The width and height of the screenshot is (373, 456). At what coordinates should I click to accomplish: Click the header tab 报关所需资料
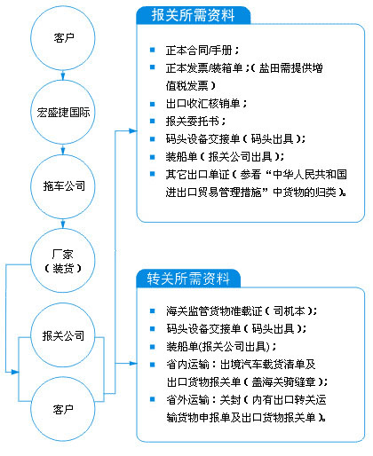[x=193, y=15]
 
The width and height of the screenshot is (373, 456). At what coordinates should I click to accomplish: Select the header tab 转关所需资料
[x=188, y=279]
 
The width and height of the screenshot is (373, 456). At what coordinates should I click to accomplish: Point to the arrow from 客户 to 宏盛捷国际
[x=63, y=75]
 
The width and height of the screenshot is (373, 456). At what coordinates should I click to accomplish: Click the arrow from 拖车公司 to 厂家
[x=63, y=224]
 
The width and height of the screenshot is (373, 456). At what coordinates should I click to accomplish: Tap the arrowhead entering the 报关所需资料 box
[x=133, y=130]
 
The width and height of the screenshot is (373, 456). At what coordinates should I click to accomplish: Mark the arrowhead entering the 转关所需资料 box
[x=133, y=363]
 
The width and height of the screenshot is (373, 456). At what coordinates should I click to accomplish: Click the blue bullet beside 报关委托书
[x=153, y=121]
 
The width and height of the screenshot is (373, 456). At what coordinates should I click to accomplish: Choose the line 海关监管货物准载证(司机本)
[x=242, y=311]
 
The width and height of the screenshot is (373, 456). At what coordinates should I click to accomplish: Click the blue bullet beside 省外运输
[x=153, y=399]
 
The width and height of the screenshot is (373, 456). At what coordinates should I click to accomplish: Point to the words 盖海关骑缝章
[x=283, y=381]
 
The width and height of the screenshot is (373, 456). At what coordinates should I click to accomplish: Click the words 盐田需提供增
[x=290, y=68]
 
